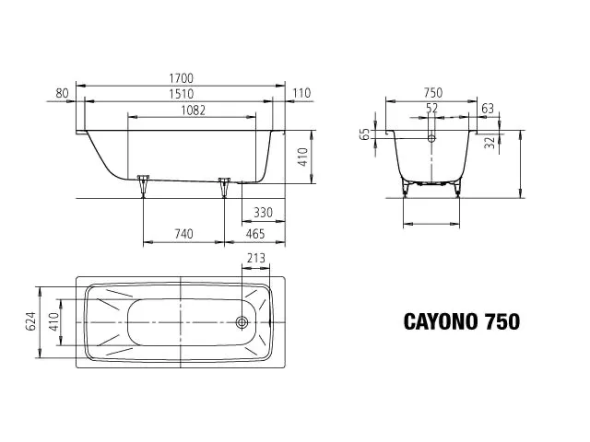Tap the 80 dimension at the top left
63,93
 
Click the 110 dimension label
301,93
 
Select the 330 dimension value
263,214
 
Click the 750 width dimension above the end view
431,93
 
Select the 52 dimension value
431,109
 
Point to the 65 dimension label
366,134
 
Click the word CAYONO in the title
436,321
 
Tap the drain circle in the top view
242,322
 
